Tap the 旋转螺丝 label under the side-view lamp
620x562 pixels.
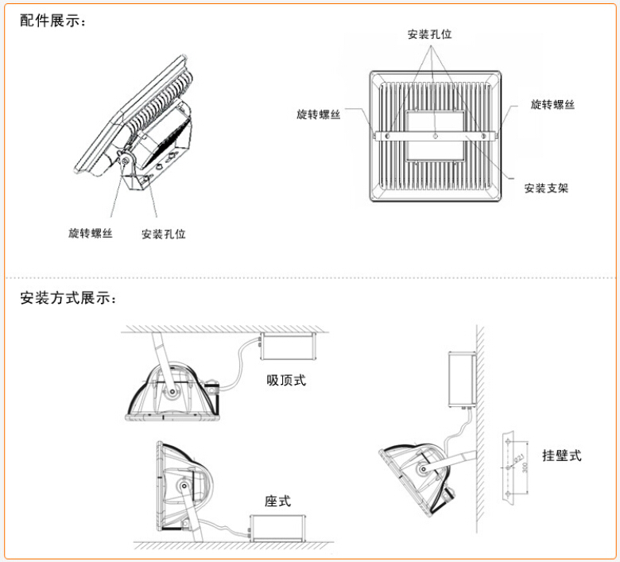tap(91, 233)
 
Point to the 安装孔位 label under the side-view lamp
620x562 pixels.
tap(163, 234)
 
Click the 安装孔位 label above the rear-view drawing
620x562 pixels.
tap(429, 34)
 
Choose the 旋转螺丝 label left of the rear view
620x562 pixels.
tap(319, 114)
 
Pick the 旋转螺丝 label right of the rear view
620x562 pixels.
tap(552, 104)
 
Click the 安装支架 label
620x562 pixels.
tap(546, 188)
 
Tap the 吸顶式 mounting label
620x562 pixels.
tap(285, 380)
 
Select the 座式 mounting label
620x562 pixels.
tap(277, 501)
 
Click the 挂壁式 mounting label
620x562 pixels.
tap(562, 455)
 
